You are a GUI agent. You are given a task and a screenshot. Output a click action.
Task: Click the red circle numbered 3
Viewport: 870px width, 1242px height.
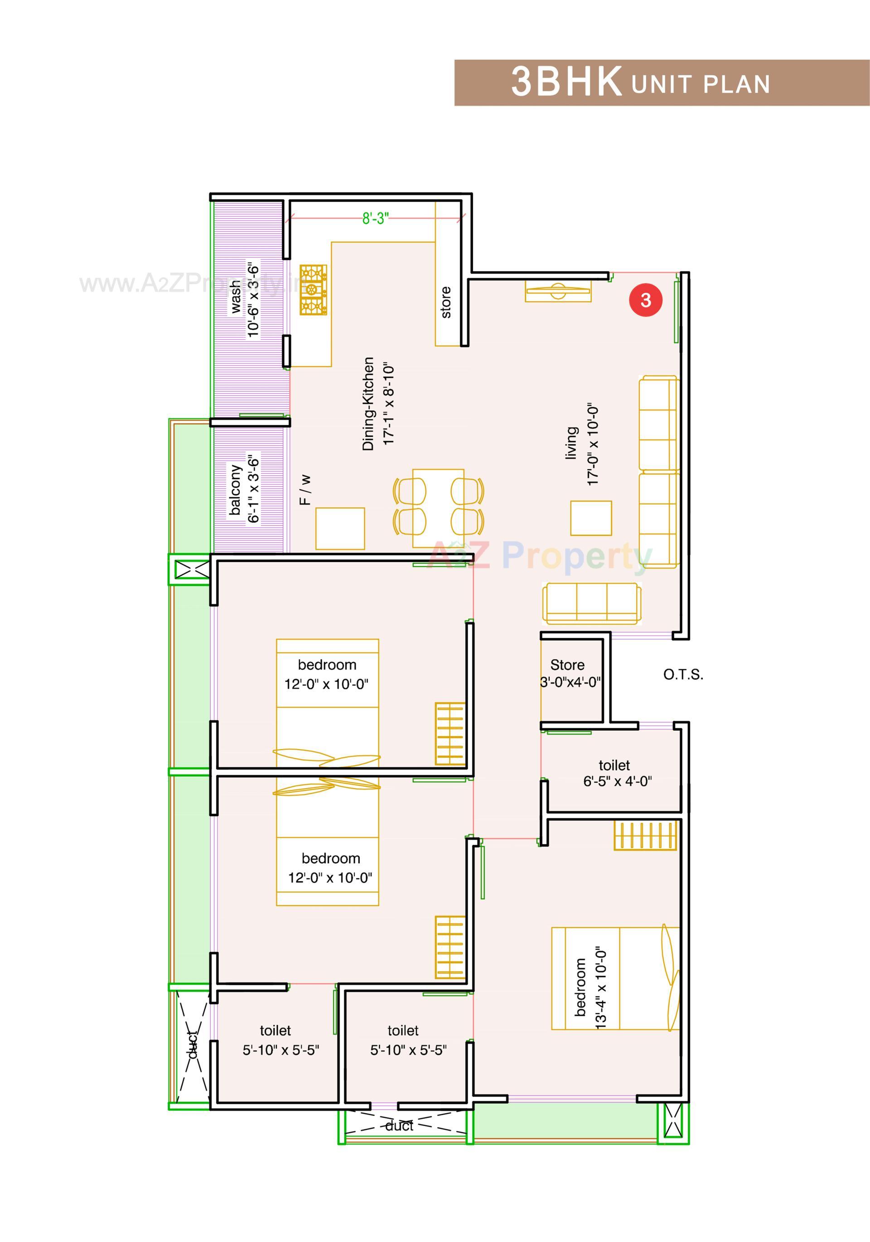645,300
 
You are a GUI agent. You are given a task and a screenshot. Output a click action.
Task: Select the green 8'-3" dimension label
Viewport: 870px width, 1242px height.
375,218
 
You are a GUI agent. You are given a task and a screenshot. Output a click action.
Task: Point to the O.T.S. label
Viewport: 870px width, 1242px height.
683,674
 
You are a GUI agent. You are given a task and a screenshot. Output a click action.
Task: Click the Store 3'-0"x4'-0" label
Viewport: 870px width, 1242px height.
570,674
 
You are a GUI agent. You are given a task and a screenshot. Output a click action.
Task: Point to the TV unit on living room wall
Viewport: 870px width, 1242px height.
558,291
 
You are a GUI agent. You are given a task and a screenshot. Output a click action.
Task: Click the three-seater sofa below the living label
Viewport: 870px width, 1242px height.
592,604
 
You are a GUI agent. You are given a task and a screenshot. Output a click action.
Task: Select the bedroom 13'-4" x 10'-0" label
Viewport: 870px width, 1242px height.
590,987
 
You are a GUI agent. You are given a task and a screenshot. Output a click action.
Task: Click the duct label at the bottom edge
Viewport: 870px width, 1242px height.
399,1126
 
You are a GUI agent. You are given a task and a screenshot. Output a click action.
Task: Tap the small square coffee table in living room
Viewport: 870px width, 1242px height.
591,518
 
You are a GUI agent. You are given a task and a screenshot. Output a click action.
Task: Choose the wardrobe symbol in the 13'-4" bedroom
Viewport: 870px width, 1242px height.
645,836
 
